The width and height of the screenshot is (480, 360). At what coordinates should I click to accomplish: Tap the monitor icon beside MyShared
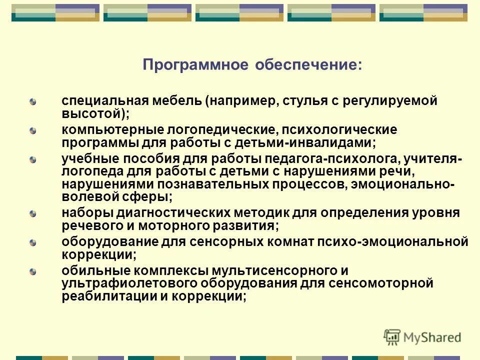(x=392, y=337)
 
